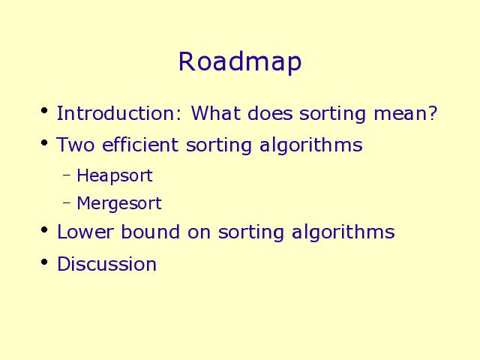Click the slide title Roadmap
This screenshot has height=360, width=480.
pyautogui.click(x=240, y=61)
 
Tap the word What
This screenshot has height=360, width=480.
pyautogui.click(x=216, y=113)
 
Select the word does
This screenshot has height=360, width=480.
pyautogui.click(x=270, y=113)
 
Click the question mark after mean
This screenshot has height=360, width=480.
pyautogui.click(x=433, y=113)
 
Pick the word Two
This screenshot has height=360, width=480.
pyautogui.click(x=76, y=145)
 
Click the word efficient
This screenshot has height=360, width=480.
pyautogui.click(x=140, y=144)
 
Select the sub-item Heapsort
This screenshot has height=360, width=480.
pyautogui.click(x=115, y=176)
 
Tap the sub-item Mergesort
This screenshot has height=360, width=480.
pyautogui.click(x=119, y=204)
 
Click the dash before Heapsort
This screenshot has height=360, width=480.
pyautogui.click(x=67, y=175)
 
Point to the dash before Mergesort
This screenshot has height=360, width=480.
pyautogui.click(x=67, y=202)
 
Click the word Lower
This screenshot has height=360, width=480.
pyautogui.click(x=85, y=232)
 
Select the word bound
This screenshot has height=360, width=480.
pyautogui.click(x=150, y=232)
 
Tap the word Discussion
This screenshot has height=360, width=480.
pyautogui.click(x=106, y=263)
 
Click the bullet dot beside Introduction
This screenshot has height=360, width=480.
pyautogui.click(x=44, y=110)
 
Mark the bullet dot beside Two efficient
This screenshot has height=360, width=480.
pyautogui.click(x=44, y=142)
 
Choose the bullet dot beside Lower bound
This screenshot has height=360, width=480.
pyautogui.click(x=44, y=229)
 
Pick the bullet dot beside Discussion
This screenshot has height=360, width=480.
pyautogui.click(x=44, y=262)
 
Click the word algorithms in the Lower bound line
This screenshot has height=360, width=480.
pyautogui.click(x=343, y=232)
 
